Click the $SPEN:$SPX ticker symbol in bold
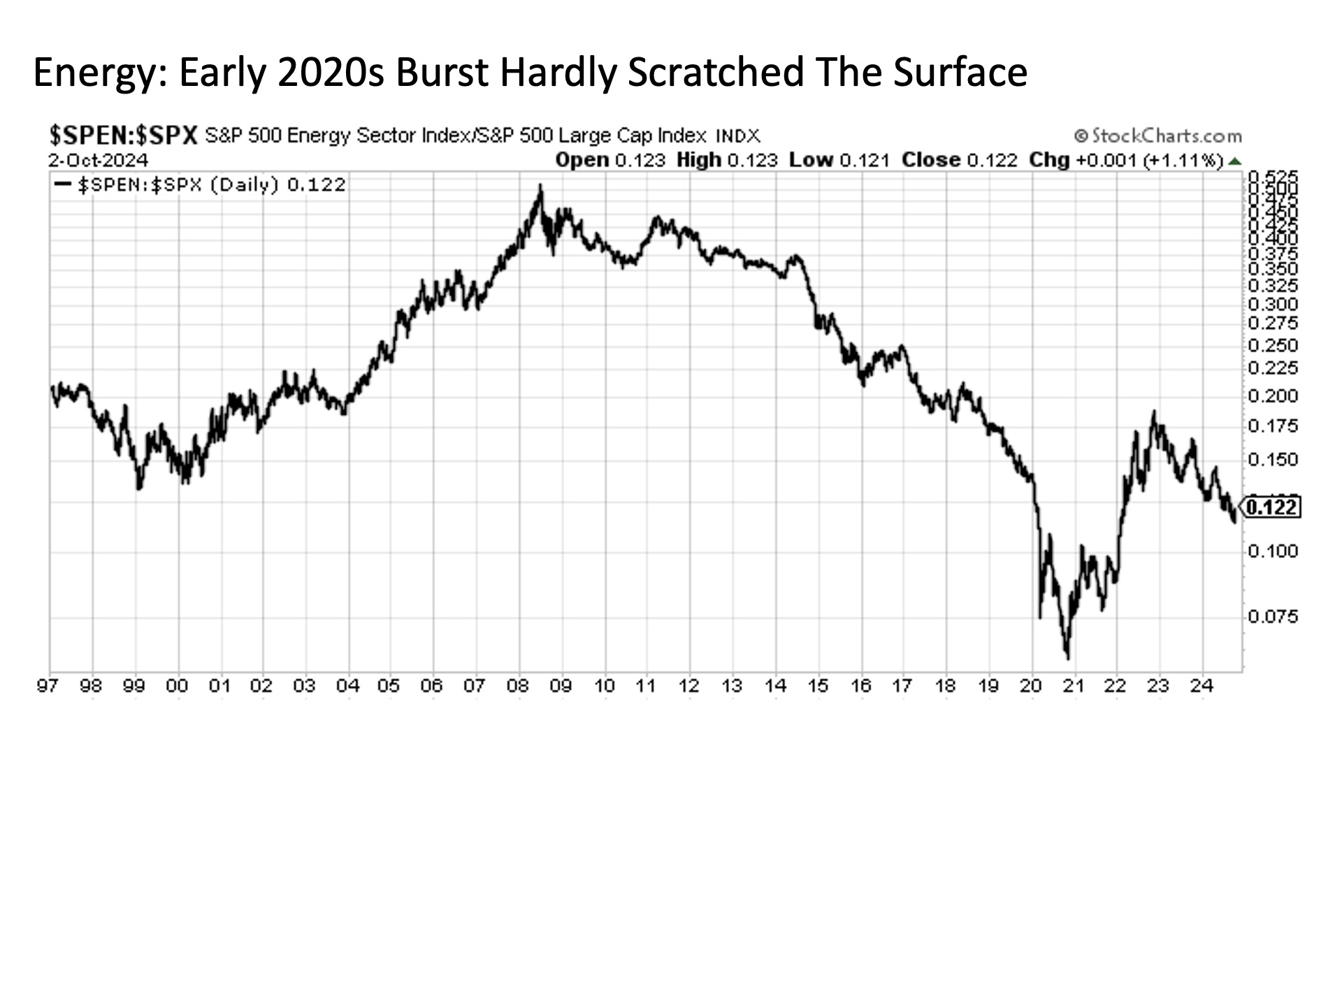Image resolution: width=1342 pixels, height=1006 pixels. (123, 135)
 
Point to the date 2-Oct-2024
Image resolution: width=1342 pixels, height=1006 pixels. (98, 161)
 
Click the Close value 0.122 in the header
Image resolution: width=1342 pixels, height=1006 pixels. (992, 161)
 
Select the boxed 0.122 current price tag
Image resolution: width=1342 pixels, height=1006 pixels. (1271, 506)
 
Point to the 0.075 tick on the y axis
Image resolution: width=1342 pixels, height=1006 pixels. (1272, 616)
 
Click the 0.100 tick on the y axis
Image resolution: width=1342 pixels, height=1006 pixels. (1272, 551)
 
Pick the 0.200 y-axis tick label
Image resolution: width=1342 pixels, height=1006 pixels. (1272, 395)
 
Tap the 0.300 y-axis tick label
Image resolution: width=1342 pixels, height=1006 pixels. (1272, 304)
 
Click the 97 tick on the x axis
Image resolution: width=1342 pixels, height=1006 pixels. (48, 687)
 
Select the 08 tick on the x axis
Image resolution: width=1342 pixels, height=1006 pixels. (518, 687)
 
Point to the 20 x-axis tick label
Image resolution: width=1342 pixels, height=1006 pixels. (1031, 687)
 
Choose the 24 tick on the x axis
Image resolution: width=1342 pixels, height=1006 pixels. (1202, 687)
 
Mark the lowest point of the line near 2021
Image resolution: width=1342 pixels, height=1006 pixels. (1067, 657)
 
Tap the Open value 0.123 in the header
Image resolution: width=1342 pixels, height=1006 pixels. (640, 161)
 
